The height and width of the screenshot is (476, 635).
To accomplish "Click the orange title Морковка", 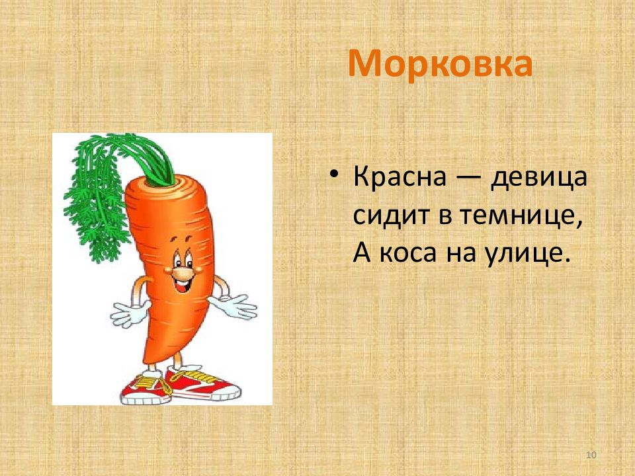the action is click(x=441, y=63).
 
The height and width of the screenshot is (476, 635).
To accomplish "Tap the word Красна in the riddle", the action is click(x=400, y=177).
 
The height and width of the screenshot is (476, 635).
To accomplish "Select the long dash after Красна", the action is click(x=468, y=178).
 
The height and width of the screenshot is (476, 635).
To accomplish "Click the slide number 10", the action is click(x=591, y=455).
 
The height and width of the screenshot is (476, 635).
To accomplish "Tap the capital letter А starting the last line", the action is click(x=362, y=253).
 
